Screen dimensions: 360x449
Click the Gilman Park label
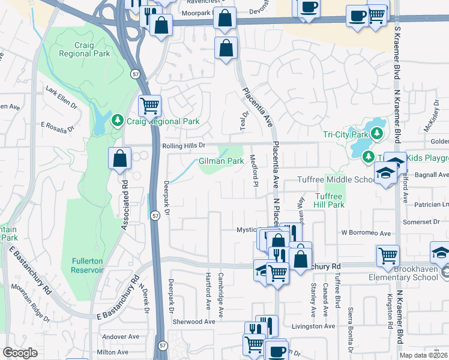pos(221,161)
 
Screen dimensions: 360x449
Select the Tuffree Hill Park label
pos(329,200)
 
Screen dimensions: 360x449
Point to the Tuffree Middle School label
pos(336,180)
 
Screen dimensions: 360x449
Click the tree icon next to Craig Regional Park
pos(117,121)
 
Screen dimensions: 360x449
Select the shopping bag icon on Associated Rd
pos(119,159)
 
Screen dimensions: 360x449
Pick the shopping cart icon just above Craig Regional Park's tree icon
pos(149,106)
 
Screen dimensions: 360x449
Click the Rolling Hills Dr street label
pos(184,145)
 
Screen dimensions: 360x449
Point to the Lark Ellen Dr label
pos(62,96)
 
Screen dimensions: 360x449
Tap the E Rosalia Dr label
pos(57,127)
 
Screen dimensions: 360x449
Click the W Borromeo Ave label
pos(366,233)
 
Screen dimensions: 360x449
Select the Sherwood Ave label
pos(194,322)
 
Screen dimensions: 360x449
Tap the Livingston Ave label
pos(313,326)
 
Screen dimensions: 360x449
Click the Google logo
pos(20,353)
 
